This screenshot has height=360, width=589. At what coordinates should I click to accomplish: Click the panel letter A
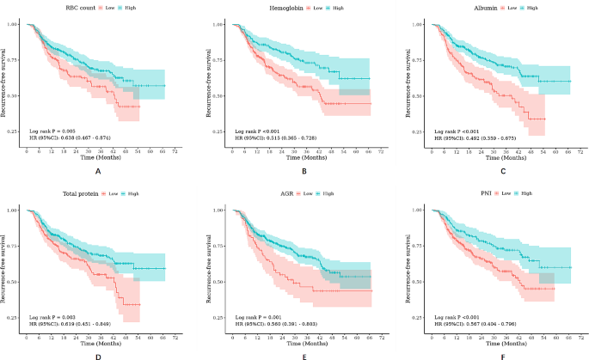tap(98, 172)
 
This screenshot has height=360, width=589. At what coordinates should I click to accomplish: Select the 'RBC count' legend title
tap(71, 8)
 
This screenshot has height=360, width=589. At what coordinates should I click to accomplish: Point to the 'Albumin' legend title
tap(478, 8)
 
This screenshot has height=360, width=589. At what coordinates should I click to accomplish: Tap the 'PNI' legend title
tap(484, 193)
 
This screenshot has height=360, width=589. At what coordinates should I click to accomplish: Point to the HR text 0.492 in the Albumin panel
tap(477, 137)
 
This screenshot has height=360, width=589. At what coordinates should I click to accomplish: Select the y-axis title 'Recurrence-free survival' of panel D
tap(4, 263)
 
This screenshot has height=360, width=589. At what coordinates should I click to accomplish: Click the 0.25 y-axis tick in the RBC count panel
tap(15, 132)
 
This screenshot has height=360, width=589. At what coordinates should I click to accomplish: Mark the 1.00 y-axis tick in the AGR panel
tap(218, 210)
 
